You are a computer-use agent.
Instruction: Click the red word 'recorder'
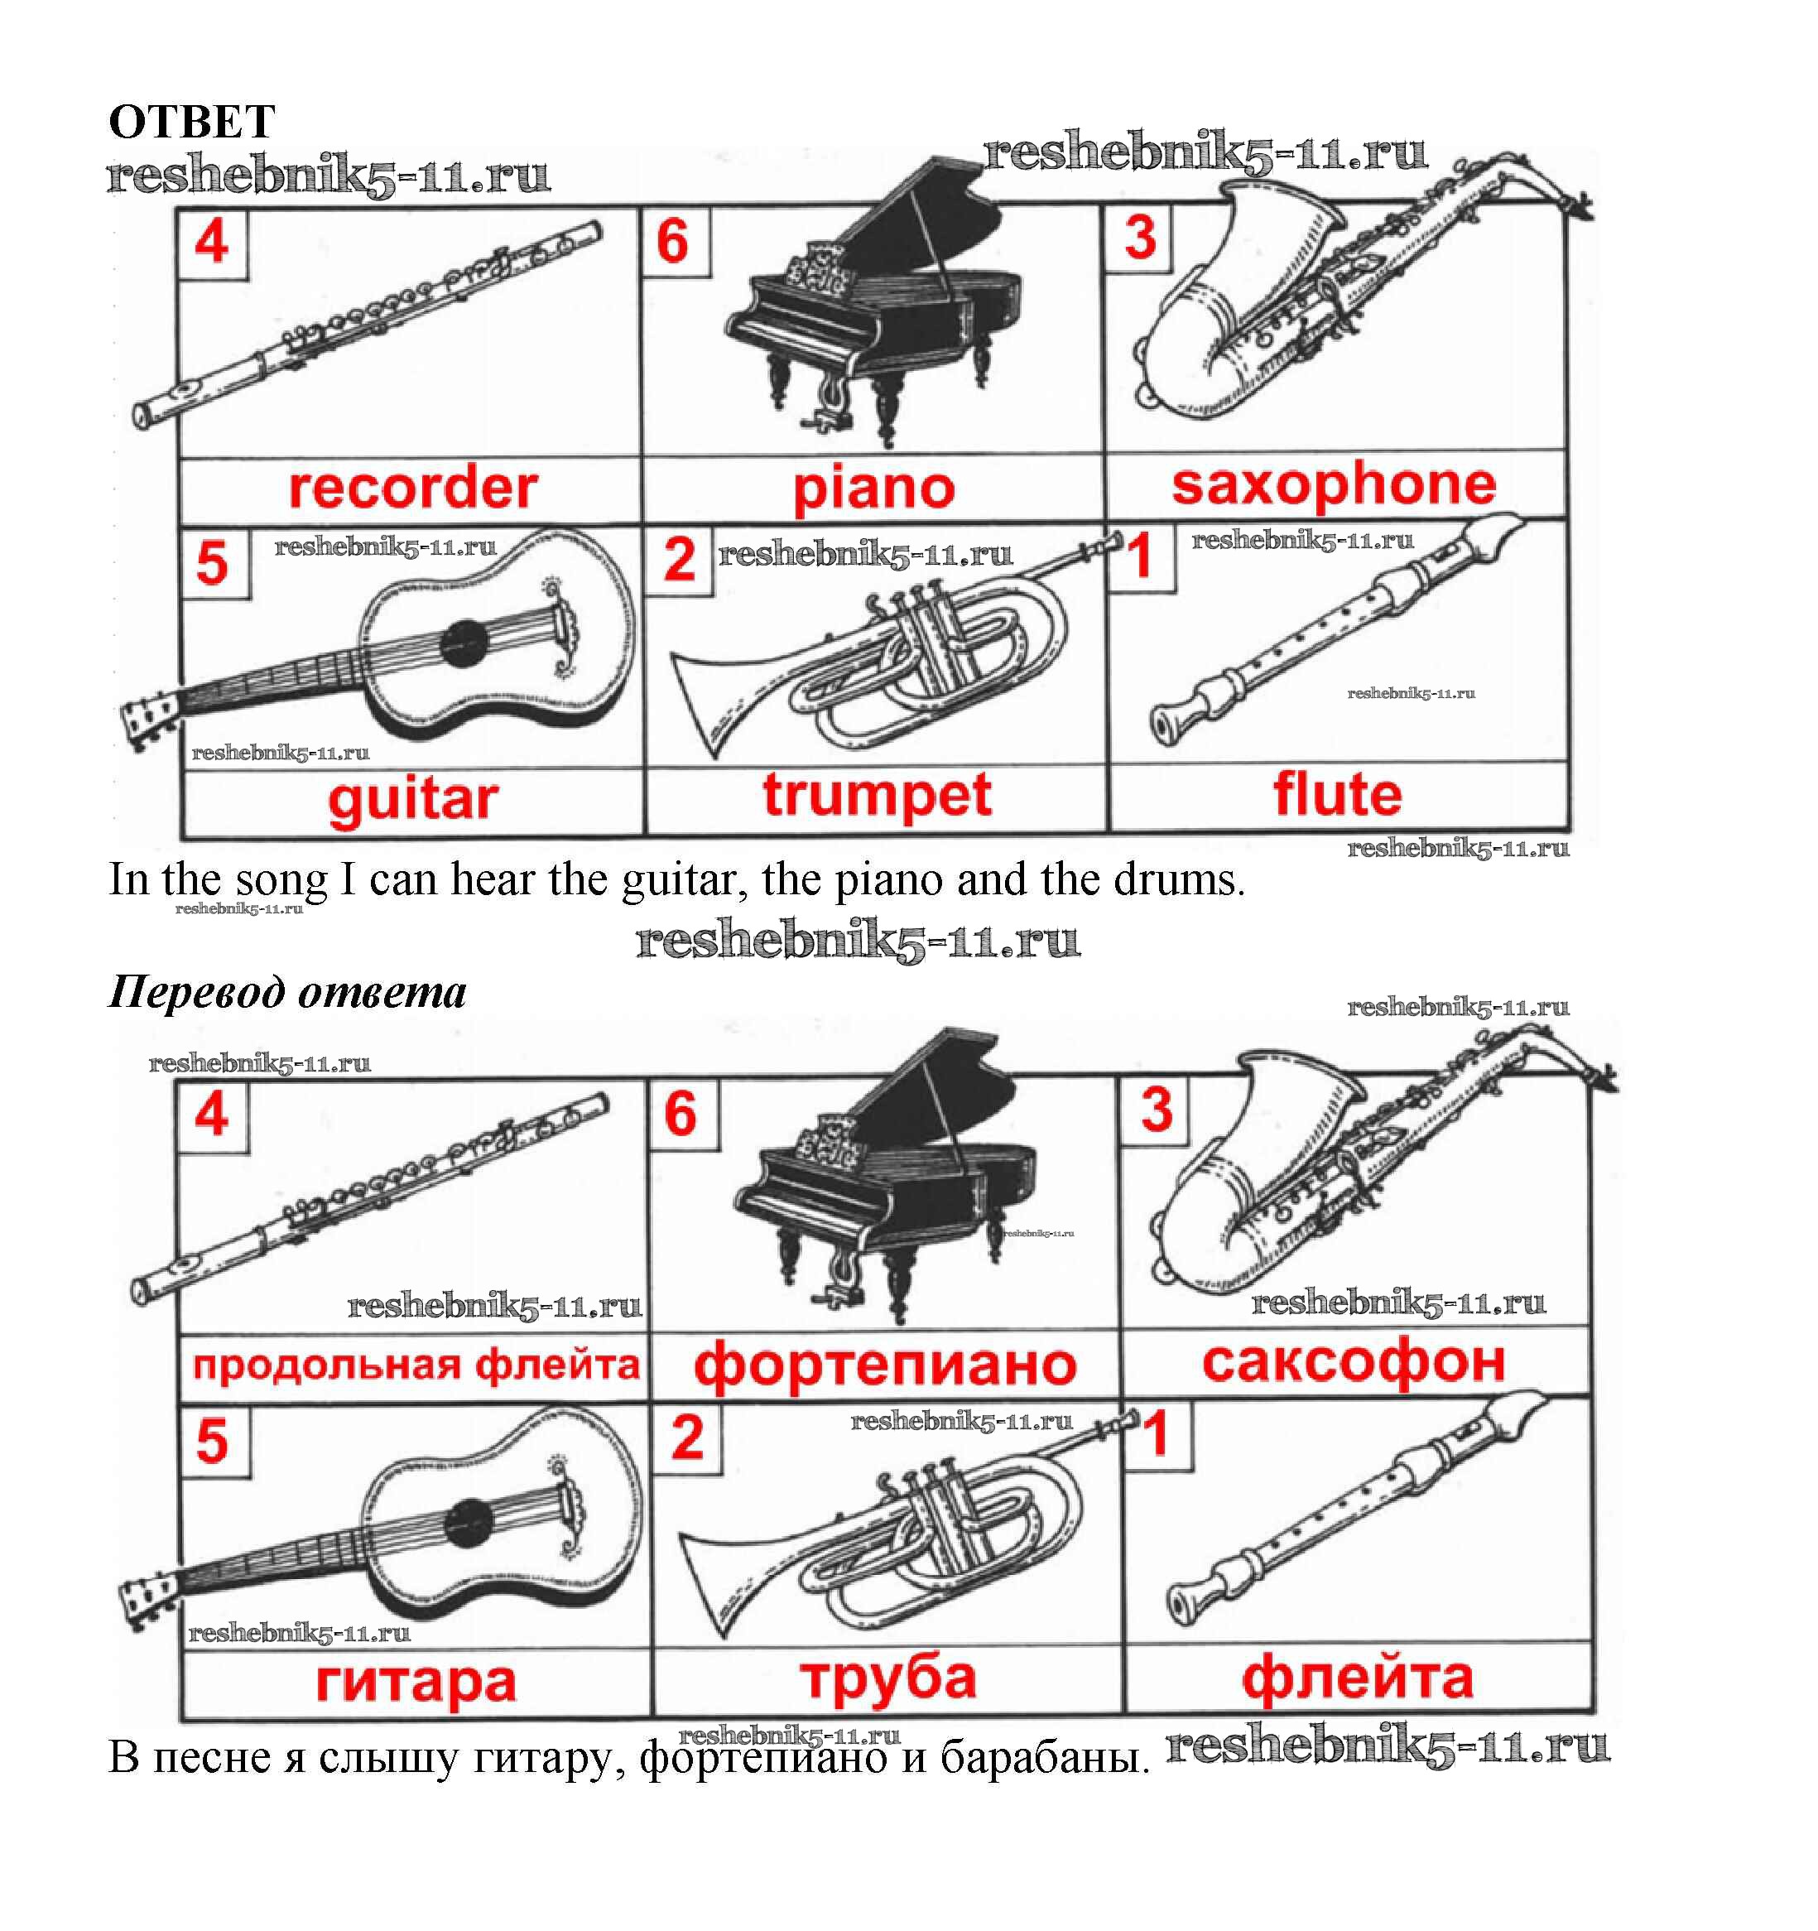413,488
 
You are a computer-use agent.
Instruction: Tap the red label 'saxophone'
1334,484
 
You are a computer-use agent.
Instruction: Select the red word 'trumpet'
877,797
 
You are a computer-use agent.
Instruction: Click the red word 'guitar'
413,802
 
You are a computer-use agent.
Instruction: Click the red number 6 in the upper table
673,242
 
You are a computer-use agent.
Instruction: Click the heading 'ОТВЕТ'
191,123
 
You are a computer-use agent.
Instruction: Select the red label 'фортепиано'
885,1365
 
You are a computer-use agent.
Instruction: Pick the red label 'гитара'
416,1683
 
